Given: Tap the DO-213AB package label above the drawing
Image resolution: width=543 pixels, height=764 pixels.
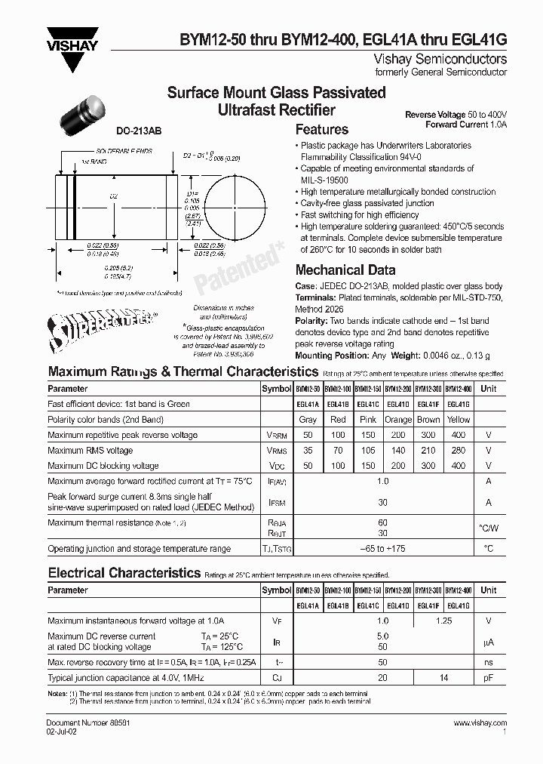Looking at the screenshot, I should coord(138,131).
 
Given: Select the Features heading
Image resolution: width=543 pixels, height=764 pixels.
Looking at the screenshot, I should coord(321,129).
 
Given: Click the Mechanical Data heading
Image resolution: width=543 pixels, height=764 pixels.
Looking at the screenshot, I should coord(345,270).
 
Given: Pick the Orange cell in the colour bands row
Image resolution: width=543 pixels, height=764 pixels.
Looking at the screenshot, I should coord(398,419).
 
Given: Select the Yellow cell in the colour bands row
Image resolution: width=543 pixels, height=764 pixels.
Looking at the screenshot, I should coord(458,419).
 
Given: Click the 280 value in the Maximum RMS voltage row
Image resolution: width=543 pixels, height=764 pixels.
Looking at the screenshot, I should coord(458,450).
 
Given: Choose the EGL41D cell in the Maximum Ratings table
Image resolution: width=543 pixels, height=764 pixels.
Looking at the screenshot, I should coord(398,404).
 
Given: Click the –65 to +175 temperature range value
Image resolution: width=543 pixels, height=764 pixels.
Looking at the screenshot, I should coord(382,549).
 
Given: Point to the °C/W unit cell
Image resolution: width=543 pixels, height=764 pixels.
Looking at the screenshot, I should coord(488,527).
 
